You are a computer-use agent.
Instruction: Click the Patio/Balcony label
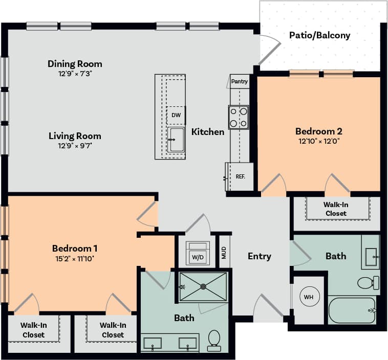[x=319, y=35]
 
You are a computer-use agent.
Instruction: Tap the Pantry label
[x=240, y=81]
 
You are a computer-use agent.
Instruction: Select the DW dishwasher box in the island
[x=176, y=115]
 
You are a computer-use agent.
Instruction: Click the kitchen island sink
[x=177, y=140]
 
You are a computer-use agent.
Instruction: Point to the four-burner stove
[x=239, y=117]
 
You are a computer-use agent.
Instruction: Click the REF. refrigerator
[x=240, y=177]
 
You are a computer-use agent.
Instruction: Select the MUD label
[x=224, y=252]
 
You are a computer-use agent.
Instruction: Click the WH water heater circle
[x=309, y=297]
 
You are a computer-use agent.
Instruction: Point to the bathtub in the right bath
[x=352, y=310]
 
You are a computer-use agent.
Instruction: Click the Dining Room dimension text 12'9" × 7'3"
[x=75, y=74]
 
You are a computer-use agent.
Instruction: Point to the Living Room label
[x=75, y=136]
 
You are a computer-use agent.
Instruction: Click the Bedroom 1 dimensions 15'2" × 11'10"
[x=75, y=258]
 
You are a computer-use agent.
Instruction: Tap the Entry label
[x=260, y=256]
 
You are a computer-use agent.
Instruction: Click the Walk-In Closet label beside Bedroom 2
[x=336, y=209]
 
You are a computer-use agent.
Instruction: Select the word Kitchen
[x=208, y=132]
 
